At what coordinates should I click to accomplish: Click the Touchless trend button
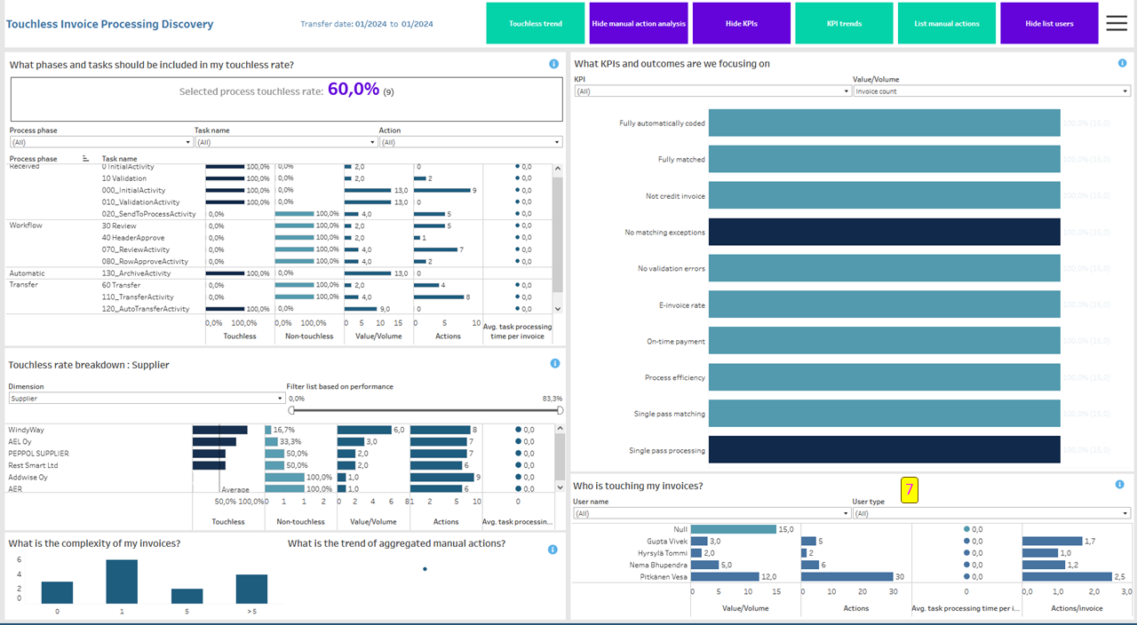(535, 23)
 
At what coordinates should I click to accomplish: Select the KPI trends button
(843, 23)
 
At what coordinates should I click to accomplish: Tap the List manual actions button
(946, 23)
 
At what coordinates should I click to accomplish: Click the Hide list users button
(1049, 23)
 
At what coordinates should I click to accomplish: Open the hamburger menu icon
(1117, 23)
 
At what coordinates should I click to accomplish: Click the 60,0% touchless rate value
(354, 90)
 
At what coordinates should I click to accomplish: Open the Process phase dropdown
(101, 142)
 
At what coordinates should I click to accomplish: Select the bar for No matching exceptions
(884, 232)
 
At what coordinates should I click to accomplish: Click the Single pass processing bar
(884, 450)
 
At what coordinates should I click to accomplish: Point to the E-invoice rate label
(683, 305)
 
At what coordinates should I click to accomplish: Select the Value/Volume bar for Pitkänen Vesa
(724, 577)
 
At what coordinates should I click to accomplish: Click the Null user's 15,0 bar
(733, 529)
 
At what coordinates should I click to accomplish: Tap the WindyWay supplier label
(27, 430)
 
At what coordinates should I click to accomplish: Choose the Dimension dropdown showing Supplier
(147, 399)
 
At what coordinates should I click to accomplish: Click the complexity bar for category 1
(122, 581)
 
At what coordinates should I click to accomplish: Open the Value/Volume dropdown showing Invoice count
(991, 91)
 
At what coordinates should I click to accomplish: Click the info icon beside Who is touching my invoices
(1119, 485)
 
